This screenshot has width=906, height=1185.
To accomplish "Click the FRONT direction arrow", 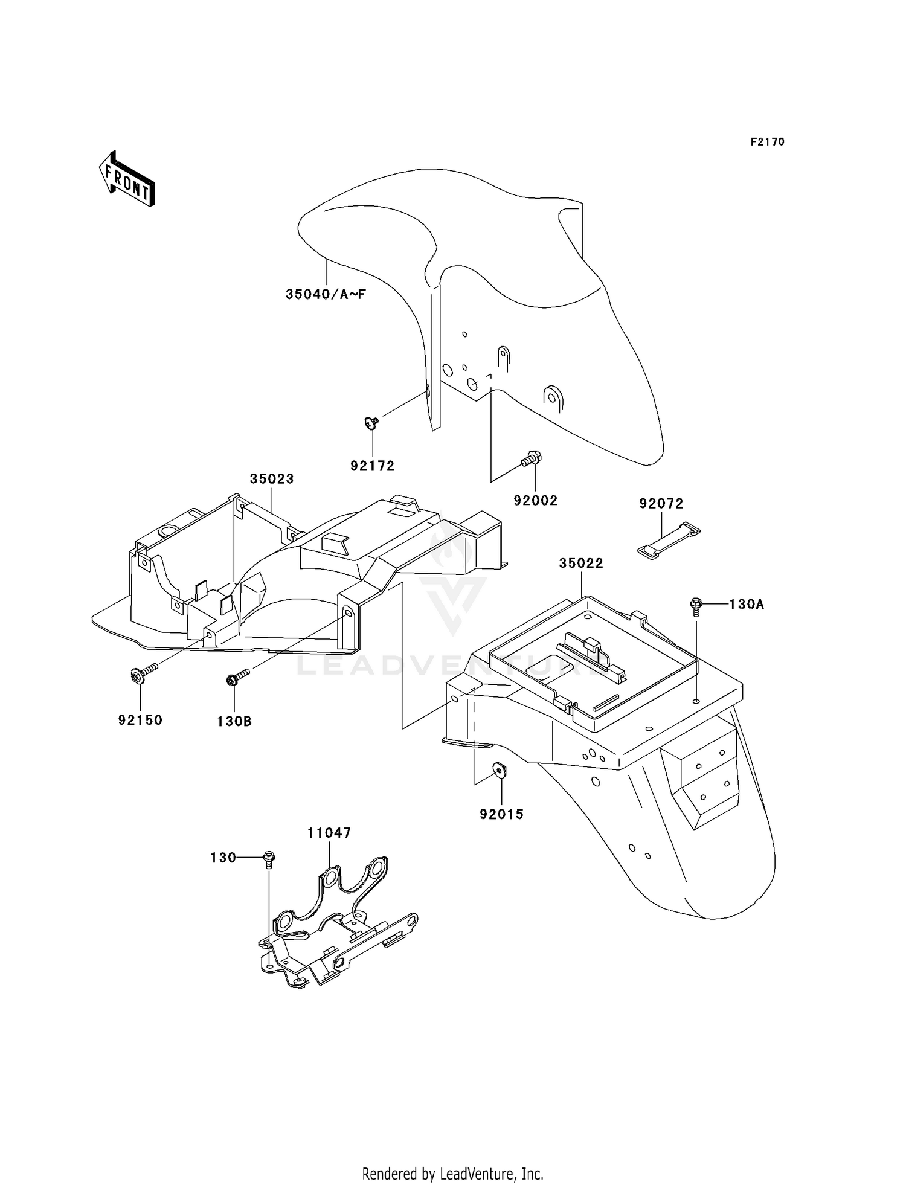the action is (127, 179).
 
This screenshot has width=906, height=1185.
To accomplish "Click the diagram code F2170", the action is (768, 142).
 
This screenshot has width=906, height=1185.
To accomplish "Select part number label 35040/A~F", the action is (326, 295).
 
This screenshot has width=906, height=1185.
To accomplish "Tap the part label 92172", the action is (373, 466).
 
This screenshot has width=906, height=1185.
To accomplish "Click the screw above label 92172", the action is (371, 423).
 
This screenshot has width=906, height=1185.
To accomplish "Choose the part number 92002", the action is (536, 501).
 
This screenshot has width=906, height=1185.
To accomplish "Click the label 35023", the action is (272, 479).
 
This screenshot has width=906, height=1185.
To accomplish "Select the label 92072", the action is (661, 504).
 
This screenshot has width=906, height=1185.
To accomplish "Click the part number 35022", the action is (581, 564).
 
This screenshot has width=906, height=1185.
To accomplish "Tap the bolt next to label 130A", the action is (696, 606).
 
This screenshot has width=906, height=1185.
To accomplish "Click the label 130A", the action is (747, 604).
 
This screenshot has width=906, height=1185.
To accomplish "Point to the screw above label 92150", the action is (143, 673).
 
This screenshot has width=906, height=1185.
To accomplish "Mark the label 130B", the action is (234, 721).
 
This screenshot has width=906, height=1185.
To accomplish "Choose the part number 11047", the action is (329, 833).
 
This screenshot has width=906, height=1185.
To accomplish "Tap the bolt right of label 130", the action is (269, 858).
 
